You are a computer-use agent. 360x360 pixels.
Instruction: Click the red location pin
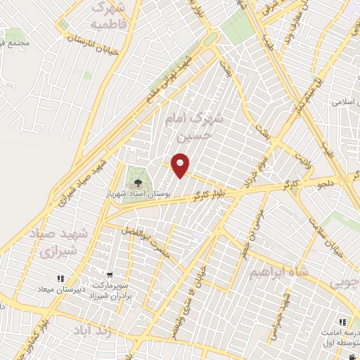point(181,165)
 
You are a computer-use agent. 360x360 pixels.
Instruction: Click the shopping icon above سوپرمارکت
point(109,275)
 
